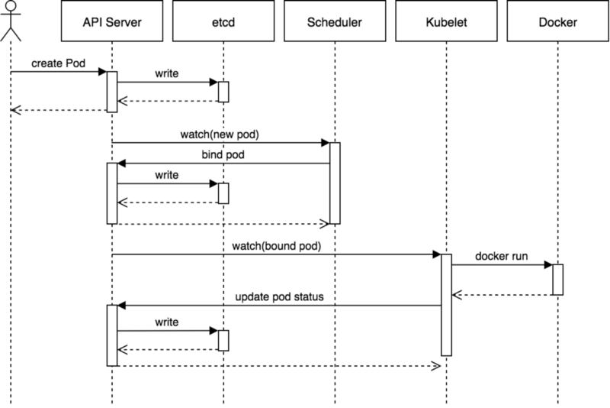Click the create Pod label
point(58,63)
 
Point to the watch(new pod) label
point(220,134)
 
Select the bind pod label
point(223,155)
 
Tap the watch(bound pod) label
point(277,247)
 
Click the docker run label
point(502,256)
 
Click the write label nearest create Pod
point(167,73)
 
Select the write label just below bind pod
point(167,175)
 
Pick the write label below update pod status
point(167,322)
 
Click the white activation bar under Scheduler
point(335,183)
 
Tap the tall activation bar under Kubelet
point(446,305)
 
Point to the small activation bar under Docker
point(557,280)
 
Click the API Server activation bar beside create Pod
point(112,92)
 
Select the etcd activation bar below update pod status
point(223,341)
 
